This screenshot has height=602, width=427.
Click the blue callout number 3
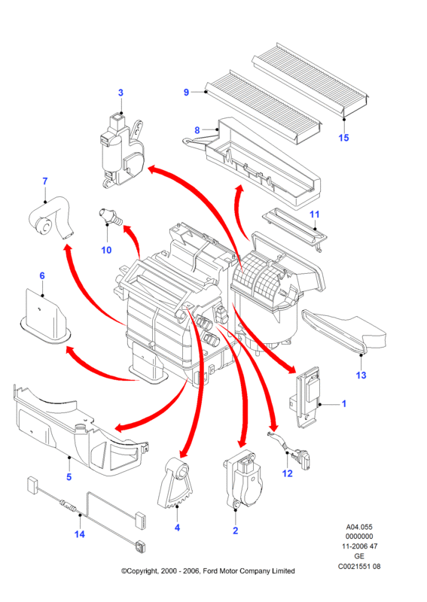point(120,93)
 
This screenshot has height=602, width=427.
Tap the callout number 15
point(343,138)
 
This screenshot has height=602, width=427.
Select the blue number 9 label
point(187,92)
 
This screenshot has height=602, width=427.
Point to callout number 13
point(361,375)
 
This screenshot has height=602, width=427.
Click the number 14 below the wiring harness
point(80,534)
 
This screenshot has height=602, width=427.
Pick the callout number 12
point(288,473)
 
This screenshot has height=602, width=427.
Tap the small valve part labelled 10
point(110,217)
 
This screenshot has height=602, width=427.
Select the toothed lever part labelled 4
point(178,483)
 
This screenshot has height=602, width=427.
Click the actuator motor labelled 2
point(244,481)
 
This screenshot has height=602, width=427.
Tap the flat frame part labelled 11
point(295,229)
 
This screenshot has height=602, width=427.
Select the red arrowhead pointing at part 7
point(69,250)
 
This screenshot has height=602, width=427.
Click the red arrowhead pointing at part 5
point(120,427)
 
